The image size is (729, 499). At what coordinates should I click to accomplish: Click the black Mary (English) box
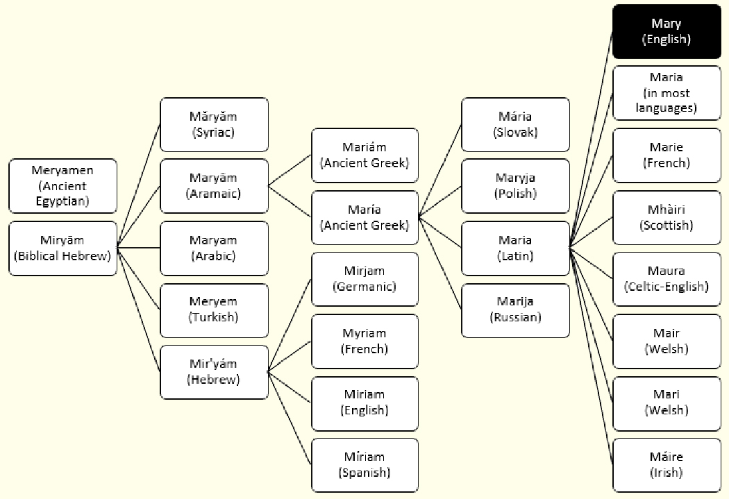click(666, 32)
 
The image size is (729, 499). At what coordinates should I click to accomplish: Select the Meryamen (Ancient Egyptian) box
click(63, 186)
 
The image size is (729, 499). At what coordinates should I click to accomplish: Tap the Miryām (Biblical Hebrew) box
click(63, 248)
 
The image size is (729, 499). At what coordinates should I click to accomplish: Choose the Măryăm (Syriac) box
click(214, 124)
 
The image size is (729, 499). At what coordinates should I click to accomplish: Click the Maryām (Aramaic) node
click(214, 186)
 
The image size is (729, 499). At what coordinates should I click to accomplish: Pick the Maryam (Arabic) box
click(214, 248)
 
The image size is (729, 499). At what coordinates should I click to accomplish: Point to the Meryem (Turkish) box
click(214, 310)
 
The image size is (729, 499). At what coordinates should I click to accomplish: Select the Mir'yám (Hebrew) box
click(214, 372)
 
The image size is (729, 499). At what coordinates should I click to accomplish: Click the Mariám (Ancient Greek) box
click(364, 155)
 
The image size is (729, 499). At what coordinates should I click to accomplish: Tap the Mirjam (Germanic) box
click(364, 279)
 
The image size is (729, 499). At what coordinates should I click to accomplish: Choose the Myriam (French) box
click(364, 341)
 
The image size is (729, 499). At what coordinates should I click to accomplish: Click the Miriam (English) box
click(364, 403)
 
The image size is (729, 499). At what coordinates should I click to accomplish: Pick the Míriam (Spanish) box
click(364, 464)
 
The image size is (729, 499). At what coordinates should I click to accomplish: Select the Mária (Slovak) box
click(515, 124)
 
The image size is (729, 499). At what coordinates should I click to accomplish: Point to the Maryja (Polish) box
click(515, 186)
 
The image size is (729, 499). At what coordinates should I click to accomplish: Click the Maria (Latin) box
click(515, 248)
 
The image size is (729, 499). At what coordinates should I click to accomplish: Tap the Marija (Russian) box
click(515, 310)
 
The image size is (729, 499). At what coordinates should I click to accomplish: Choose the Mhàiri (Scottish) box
click(666, 217)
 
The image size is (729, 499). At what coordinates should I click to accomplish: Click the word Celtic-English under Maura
click(666, 287)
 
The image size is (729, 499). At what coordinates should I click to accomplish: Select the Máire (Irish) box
click(666, 464)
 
